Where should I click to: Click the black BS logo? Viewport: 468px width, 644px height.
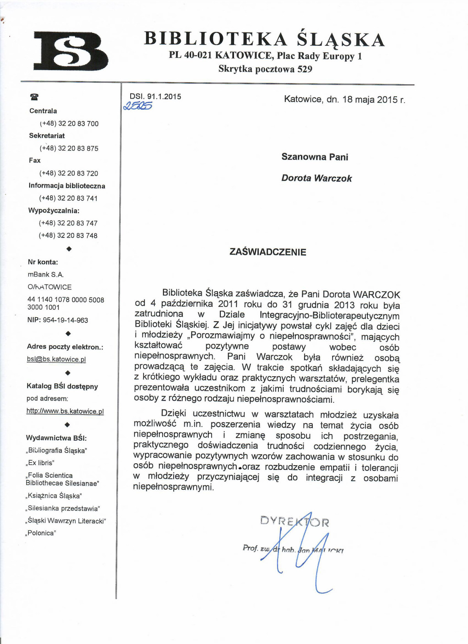(71, 51)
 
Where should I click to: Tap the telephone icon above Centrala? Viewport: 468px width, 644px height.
(34, 97)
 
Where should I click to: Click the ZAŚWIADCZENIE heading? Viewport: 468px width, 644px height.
(268, 252)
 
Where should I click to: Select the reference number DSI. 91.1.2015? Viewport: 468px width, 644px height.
(155, 96)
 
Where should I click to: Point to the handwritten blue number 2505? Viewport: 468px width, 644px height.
(137, 106)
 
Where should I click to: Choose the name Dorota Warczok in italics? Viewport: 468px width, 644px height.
(316, 178)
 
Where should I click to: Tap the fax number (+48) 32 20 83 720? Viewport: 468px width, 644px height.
(69, 173)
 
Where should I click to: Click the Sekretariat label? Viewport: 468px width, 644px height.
(47, 136)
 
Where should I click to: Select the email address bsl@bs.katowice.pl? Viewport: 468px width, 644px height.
(56, 359)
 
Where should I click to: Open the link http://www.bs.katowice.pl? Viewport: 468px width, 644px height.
(65, 411)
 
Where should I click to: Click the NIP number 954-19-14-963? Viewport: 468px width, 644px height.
(65, 320)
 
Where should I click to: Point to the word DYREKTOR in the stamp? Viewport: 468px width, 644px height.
(294, 521)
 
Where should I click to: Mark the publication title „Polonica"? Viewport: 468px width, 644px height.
(41, 533)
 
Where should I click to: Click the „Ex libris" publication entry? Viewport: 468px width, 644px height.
(40, 463)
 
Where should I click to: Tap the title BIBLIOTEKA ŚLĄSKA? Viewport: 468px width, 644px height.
(264, 39)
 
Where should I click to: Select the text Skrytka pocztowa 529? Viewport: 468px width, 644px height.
(265, 69)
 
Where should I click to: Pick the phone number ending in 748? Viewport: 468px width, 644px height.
(68, 235)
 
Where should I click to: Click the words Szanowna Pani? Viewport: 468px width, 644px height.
(315, 157)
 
